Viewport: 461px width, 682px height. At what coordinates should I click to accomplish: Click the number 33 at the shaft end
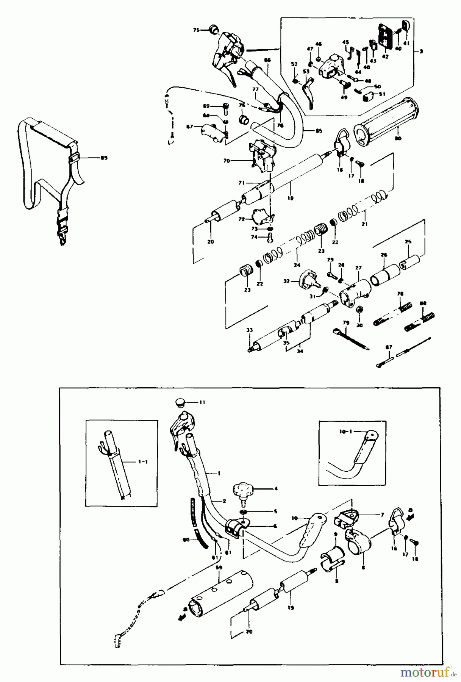(x=249, y=330)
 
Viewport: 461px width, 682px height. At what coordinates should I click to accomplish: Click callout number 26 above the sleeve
(x=384, y=255)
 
